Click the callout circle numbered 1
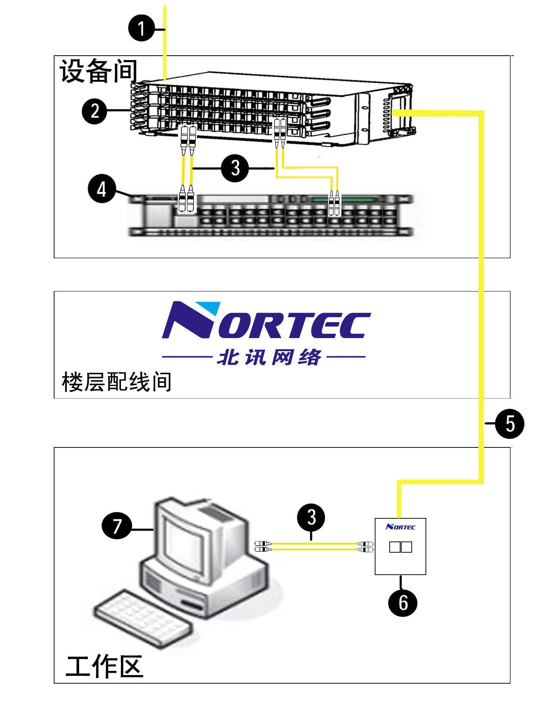tap(141, 28)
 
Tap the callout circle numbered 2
tap(94, 111)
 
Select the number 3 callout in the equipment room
tap(235, 168)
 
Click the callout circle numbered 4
tap(102, 189)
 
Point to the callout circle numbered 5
tap(509, 424)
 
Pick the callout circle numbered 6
tap(402, 603)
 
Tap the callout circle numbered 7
tap(117, 526)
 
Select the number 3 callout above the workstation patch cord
tap(311, 518)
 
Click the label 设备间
tap(99, 71)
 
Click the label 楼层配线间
tap(116, 382)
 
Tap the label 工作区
tap(105, 667)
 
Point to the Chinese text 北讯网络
tap(269, 357)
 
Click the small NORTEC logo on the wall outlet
tap(401, 527)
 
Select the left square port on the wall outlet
tap(395, 547)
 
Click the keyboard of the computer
tap(142, 618)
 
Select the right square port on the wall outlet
tap(406, 547)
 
